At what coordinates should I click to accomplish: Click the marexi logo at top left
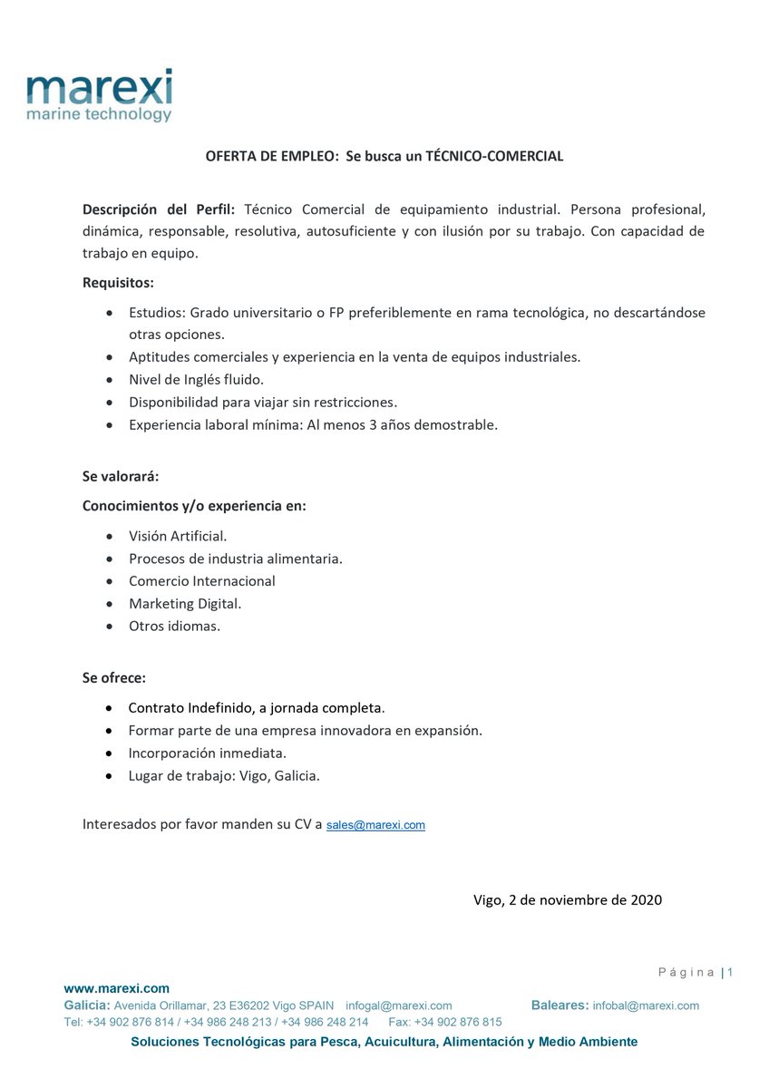point(99,96)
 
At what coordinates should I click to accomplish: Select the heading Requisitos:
point(118,282)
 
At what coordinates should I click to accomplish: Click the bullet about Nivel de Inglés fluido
point(196,380)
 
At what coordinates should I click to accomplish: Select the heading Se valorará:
point(121,476)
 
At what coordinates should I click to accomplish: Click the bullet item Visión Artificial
point(178,536)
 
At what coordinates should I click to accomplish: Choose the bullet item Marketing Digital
point(185,603)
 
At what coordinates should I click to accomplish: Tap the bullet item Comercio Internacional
point(201,581)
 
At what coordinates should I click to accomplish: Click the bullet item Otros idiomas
point(174,626)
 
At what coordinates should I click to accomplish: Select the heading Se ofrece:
point(114,677)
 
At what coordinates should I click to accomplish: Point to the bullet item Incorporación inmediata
point(208,753)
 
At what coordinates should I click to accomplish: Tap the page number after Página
point(730,973)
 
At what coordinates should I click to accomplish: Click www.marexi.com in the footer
point(116,988)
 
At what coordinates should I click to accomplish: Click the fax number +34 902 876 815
point(458,1022)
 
